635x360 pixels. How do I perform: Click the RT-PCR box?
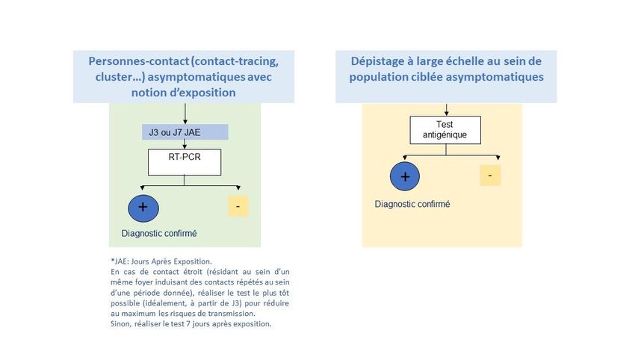coord(185,162)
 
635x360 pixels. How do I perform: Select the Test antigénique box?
coord(445,130)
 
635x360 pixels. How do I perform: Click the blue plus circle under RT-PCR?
coord(143,208)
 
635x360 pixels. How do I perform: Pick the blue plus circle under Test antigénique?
coord(405,176)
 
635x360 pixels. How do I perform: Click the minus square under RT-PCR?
coord(238,206)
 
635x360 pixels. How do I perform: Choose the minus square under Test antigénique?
coord(490,176)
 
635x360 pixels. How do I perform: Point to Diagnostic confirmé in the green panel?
coord(159,233)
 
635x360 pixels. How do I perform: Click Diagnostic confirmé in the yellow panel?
coord(412,204)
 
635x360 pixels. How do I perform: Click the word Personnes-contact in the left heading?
coord(139,61)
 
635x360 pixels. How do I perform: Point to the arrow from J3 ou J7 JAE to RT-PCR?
coord(185,144)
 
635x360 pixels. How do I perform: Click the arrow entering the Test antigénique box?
coord(446,110)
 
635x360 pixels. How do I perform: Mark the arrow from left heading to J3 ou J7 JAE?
coord(185,114)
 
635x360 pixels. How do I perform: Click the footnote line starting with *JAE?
coord(161,261)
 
